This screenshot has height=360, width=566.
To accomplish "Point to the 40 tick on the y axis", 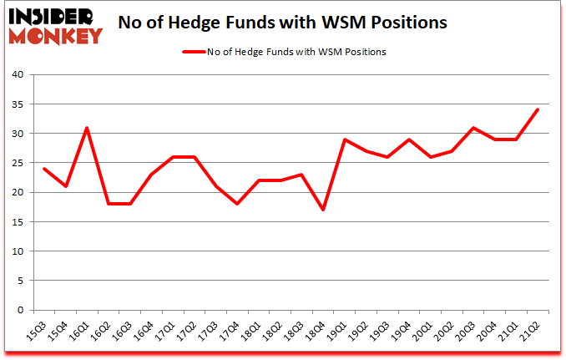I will tap(20, 75).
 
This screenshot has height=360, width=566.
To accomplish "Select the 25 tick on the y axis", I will tap(20, 163).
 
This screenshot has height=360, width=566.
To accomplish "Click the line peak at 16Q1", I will tap(86, 128).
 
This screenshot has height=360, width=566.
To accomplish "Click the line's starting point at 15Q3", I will tap(43, 169).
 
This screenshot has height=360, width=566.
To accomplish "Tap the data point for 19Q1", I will tap(346, 139).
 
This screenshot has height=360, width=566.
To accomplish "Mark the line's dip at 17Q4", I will tap(238, 204).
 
